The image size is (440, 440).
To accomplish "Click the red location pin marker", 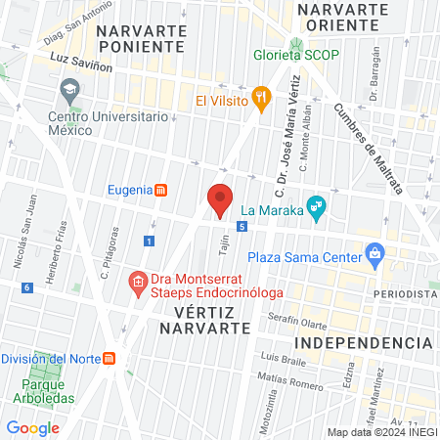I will (220, 201).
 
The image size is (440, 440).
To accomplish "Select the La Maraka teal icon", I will (315, 206).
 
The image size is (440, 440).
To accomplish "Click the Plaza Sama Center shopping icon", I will (374, 256).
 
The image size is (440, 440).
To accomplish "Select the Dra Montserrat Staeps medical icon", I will (138, 284).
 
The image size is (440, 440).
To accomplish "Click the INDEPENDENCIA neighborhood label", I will (364, 342).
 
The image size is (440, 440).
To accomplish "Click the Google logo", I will (32, 427).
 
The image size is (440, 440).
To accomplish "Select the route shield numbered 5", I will (241, 226).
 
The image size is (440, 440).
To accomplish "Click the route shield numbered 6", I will (27, 286).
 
